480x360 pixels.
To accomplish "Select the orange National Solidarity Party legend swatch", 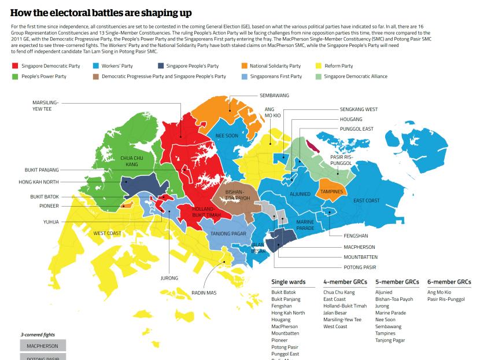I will tap(245, 66).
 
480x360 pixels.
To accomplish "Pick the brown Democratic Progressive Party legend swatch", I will tap(96, 76).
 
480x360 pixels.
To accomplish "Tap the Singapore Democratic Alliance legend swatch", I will tap(319, 76).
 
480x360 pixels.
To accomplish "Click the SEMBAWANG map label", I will tap(274, 95).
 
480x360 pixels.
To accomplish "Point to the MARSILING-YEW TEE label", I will tap(42, 105).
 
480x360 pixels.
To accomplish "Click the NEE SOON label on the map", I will tap(227, 136).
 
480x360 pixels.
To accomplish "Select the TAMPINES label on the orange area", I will tap(331, 191).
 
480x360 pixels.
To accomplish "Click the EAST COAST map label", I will tap(367, 200).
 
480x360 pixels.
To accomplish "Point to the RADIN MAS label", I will tap(204, 293).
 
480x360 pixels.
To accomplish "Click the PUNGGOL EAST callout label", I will tap(356, 129).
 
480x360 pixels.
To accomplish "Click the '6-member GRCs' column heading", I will tap(449, 282).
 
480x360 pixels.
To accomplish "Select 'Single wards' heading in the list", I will tap(288, 282).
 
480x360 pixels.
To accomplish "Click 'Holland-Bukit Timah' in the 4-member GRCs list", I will tap(345, 306).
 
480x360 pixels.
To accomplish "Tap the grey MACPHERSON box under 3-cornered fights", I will tap(43, 346).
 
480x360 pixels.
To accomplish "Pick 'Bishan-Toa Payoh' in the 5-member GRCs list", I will tap(394, 299).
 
